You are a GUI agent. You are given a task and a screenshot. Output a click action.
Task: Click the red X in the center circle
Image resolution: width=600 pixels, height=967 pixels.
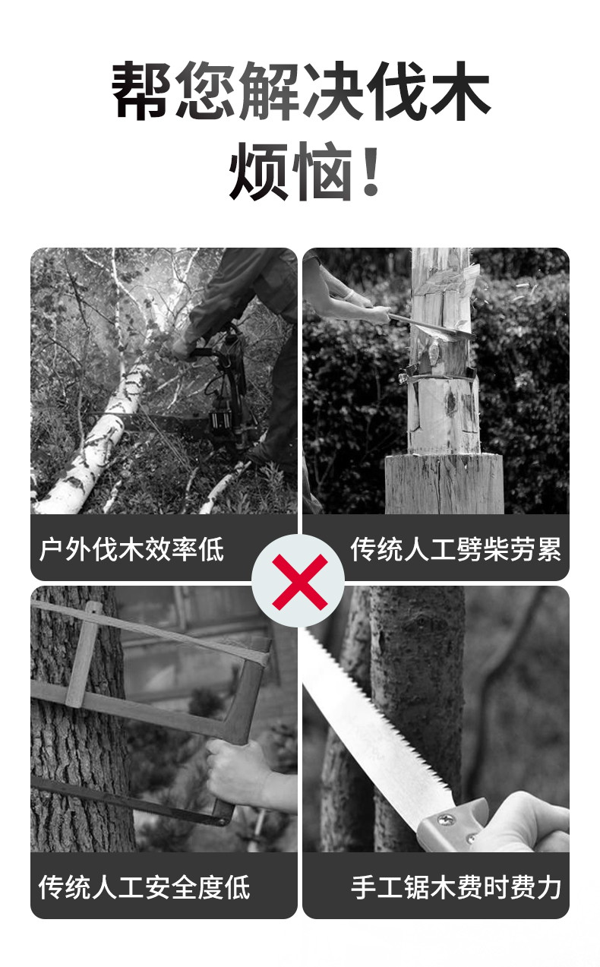point(299,582)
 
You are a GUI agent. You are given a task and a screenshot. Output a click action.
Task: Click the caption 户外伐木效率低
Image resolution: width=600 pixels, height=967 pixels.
point(131,549)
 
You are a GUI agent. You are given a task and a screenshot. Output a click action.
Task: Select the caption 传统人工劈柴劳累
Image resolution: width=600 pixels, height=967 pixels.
point(456,549)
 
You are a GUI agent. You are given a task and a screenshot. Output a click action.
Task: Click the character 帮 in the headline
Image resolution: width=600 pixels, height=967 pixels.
point(141,90)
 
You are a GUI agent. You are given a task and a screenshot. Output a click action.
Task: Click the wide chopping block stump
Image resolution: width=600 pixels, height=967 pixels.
point(444,483)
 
